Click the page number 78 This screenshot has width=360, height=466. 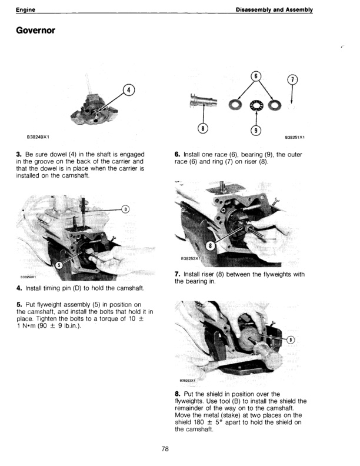tap(165, 449)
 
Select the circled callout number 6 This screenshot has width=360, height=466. tap(255, 76)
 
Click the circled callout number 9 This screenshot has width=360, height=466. tap(256, 131)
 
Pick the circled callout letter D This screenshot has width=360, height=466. tap(125, 209)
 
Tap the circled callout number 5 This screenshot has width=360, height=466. tap(59, 265)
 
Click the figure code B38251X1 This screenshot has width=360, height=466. tap(298, 138)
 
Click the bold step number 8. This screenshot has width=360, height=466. tap(178, 394)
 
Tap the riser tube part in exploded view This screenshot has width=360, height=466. tap(202, 101)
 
